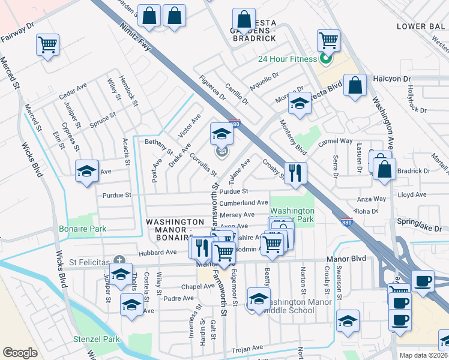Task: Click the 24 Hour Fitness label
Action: (x=287, y=59)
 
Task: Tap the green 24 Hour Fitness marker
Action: (x=325, y=59)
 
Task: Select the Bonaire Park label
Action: (x=82, y=229)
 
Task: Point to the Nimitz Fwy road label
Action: (x=135, y=41)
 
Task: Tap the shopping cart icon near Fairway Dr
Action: (x=47, y=45)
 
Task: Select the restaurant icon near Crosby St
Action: (x=295, y=174)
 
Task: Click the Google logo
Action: (x=20, y=352)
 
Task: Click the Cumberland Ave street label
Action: (x=243, y=203)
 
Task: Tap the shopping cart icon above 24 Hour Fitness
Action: (x=328, y=41)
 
